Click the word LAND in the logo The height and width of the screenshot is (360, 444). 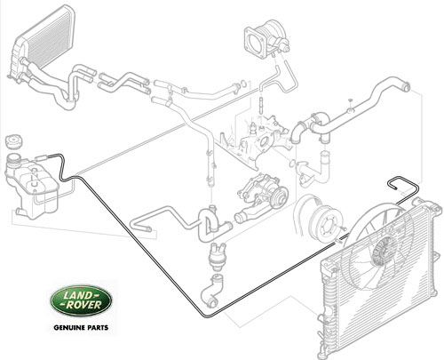point(78,295)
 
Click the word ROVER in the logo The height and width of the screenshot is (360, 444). point(83,305)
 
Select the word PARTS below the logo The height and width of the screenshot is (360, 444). point(96,328)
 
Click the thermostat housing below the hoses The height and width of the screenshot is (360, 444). point(217,256)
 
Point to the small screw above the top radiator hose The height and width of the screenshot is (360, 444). point(350,100)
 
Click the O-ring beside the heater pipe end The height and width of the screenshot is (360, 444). point(242,84)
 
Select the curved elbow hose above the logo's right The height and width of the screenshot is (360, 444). point(211,291)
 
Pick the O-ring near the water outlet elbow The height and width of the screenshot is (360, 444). point(292,163)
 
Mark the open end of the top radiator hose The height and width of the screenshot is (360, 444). point(407,86)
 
